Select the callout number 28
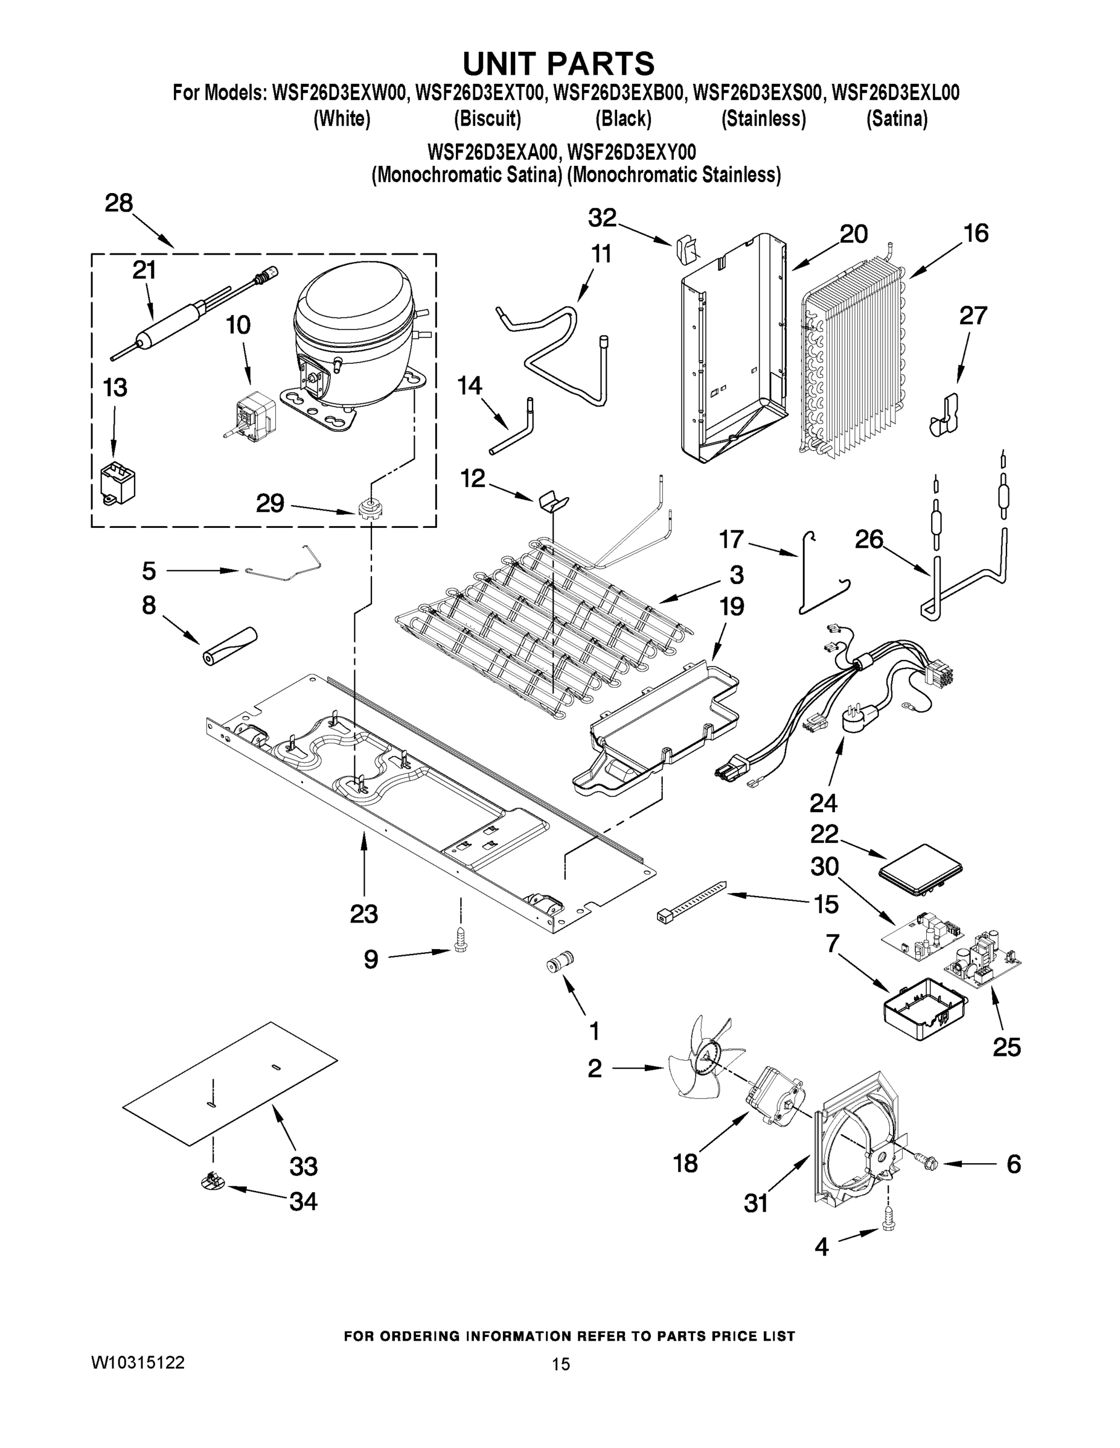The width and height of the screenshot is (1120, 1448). click(119, 203)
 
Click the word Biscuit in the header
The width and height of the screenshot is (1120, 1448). click(487, 119)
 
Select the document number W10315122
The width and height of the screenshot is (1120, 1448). click(137, 1362)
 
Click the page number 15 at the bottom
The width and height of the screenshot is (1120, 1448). click(561, 1365)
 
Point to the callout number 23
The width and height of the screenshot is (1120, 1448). click(363, 913)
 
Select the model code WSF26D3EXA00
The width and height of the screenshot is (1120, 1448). click(492, 153)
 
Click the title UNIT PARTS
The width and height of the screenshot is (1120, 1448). click(558, 65)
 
